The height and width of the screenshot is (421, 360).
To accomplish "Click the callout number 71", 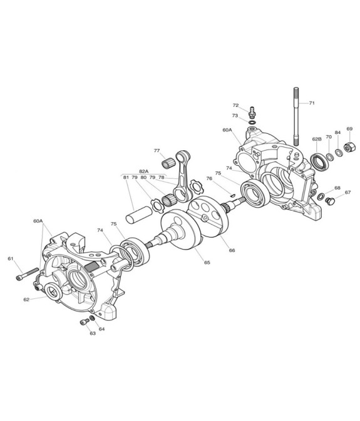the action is [312, 103].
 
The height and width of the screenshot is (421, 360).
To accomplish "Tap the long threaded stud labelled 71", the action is [296, 116].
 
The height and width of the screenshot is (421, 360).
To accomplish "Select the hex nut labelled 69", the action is [350, 146].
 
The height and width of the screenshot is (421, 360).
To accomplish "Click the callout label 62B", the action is [317, 139].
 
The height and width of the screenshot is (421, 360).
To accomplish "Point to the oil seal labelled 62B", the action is [319, 161].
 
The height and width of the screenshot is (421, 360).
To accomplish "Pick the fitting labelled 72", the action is [252, 113].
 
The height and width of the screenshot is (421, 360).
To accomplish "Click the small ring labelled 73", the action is [252, 123].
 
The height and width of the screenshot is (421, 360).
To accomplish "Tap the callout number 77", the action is [157, 151].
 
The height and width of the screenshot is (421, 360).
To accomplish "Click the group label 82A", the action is [144, 171].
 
